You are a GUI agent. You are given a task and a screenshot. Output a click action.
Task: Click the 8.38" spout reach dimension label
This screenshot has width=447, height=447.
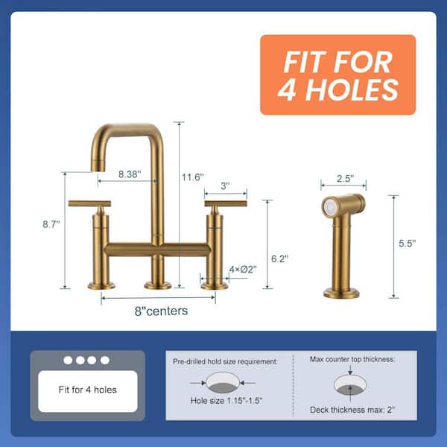(x=130, y=174)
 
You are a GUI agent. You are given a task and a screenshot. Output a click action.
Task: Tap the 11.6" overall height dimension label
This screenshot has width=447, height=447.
(x=193, y=177)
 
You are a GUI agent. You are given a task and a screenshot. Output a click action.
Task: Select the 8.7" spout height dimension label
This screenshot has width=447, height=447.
(x=51, y=224)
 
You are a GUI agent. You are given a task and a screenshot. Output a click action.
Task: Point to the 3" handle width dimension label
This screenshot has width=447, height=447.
(x=225, y=186)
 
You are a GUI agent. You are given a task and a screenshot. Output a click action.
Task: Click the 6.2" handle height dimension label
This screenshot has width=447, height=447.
(x=279, y=259)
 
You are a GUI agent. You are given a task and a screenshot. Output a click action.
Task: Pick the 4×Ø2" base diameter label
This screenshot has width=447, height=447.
(x=243, y=269)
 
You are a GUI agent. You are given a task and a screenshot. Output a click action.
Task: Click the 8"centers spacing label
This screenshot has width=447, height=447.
(x=162, y=311)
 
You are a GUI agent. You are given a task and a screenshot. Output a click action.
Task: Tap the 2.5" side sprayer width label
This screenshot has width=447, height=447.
(x=345, y=179)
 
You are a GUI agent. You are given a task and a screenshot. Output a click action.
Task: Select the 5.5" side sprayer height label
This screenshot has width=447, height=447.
(x=407, y=243)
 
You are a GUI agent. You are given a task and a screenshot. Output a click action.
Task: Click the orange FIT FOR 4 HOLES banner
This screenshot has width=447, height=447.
(x=337, y=75)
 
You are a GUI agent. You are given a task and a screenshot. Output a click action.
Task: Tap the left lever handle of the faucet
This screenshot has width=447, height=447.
(x=89, y=204)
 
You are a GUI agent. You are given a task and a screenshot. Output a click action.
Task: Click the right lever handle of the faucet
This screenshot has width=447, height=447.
(x=226, y=204)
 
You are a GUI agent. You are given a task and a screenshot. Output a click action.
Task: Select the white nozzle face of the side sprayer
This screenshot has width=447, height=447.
(x=330, y=206)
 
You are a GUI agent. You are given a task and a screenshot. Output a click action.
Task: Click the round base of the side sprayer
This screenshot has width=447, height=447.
(x=341, y=294)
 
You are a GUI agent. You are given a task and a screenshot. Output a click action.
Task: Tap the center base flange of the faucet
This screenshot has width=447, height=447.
(x=158, y=285)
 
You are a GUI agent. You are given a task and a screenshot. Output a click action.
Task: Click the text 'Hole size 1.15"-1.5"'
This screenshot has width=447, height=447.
(x=226, y=401)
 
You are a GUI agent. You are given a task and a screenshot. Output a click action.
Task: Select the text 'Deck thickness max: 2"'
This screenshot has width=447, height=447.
(x=352, y=410)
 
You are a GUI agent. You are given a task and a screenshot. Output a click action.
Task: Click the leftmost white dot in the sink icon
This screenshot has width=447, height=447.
(x=68, y=361)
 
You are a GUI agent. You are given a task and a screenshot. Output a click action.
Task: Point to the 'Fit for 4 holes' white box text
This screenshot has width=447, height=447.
(x=88, y=390)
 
